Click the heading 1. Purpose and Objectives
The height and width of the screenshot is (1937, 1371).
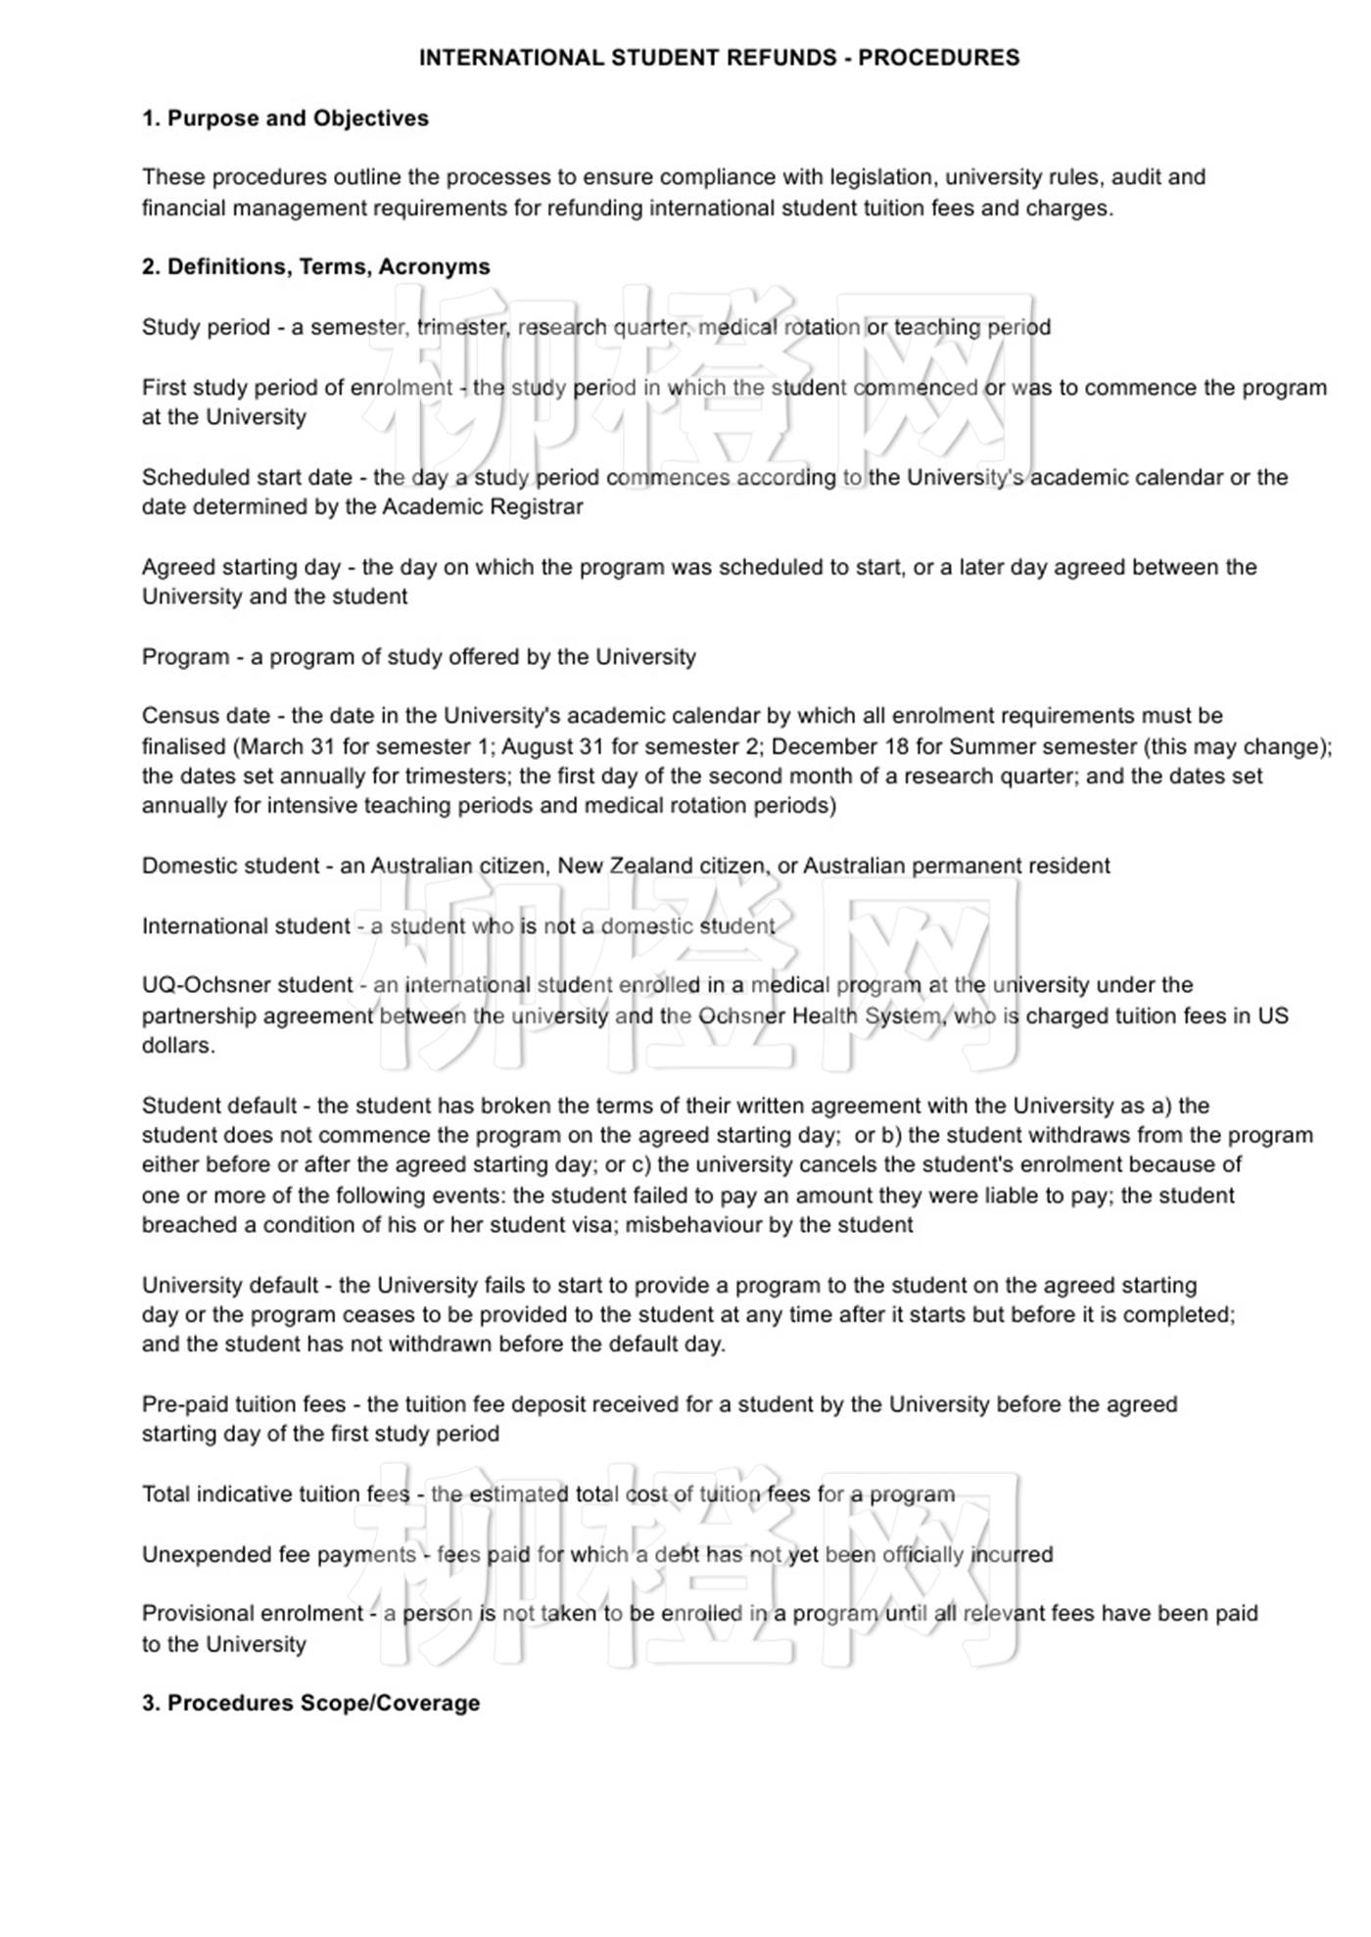coord(285,118)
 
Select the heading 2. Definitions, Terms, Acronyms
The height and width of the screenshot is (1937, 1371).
coord(315,267)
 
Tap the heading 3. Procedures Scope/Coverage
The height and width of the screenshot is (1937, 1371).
coord(310,1703)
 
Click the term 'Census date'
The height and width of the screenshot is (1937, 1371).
coord(206,716)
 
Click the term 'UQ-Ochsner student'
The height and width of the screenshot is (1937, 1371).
coord(247,985)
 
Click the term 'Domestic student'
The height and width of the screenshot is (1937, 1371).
coord(230,866)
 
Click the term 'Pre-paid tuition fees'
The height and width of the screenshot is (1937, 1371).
coord(244,1404)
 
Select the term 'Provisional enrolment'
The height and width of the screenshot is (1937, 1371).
coord(253,1613)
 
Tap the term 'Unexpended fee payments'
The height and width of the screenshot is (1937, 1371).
coord(279,1554)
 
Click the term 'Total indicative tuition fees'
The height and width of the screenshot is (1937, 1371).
coord(275,1494)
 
